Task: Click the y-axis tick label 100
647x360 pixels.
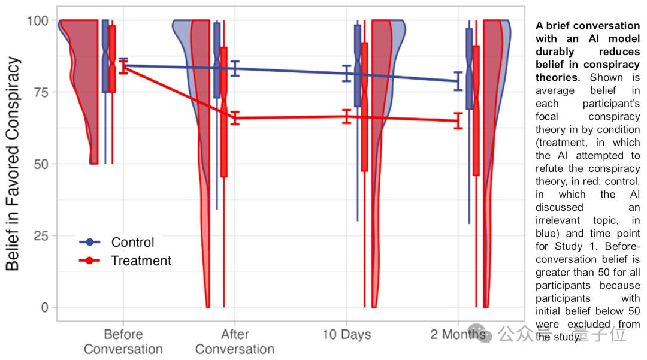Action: (37, 20)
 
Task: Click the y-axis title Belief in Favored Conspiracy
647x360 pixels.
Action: (13, 164)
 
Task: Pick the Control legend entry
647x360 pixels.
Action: (132, 243)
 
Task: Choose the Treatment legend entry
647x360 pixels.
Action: (141, 261)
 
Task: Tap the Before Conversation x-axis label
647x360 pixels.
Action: (123, 341)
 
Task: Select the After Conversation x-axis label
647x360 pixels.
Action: (235, 341)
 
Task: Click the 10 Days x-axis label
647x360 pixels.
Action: (347, 334)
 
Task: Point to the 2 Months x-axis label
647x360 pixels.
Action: (458, 334)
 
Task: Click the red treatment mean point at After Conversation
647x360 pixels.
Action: (235, 118)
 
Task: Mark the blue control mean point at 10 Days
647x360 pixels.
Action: (347, 74)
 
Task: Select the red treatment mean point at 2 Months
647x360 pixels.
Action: (458, 121)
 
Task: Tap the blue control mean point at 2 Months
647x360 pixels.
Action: (458, 81)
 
